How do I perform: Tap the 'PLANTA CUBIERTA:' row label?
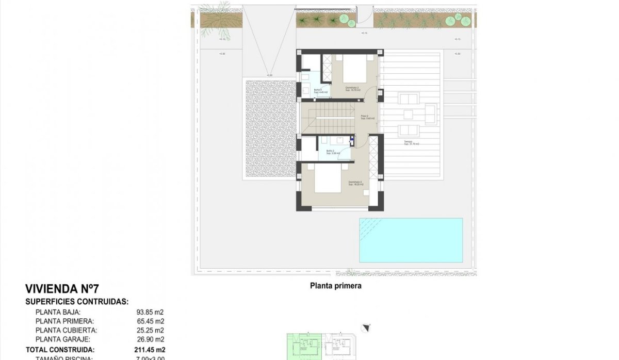(x=66, y=330)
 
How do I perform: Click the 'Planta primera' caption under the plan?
(x=335, y=285)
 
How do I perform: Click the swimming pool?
(x=411, y=240)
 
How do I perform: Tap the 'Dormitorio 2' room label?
(x=355, y=183)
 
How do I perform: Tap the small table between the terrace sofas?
(x=408, y=114)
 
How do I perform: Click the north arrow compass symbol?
(x=367, y=327)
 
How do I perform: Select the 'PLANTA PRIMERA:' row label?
(x=65, y=321)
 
